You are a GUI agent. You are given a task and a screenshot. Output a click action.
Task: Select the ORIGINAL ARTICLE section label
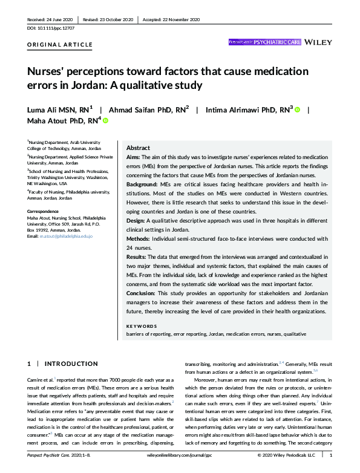tap(60, 45)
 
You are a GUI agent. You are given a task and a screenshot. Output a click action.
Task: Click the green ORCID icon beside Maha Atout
tap(105, 121)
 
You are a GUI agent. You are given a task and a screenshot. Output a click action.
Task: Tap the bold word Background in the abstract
tap(143, 181)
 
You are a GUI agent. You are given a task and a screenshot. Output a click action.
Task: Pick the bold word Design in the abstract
tap(136, 221)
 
